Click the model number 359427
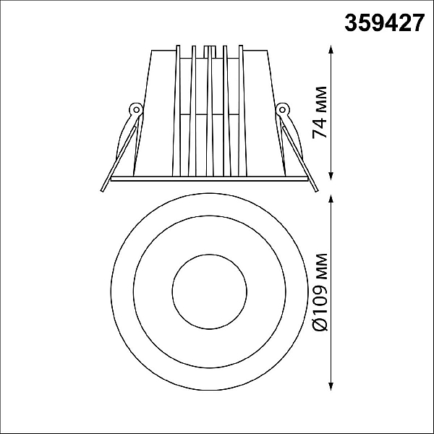(385, 23)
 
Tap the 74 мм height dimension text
(320, 112)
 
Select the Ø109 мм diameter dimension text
(320, 292)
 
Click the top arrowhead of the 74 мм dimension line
(331, 50)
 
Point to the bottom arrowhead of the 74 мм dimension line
(331, 176)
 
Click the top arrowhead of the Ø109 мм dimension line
(331, 200)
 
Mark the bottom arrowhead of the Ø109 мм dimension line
(331, 386)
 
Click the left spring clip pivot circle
(136, 110)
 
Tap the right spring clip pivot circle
(282, 110)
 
